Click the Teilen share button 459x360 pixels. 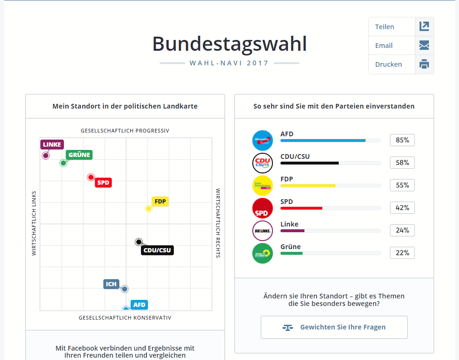pyautogui.click(x=401, y=27)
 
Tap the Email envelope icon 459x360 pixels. pyautogui.click(x=424, y=46)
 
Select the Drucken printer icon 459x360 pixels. pyautogui.click(x=424, y=64)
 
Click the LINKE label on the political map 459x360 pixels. pyautogui.click(x=52, y=144)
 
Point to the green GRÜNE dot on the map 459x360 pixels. pyautogui.click(x=63, y=163)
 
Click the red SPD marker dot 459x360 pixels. pyautogui.click(x=91, y=177)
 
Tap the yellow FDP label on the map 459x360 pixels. pyautogui.click(x=160, y=202)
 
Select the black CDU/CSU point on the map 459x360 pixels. pyautogui.click(x=139, y=242)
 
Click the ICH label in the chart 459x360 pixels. pyautogui.click(x=111, y=284)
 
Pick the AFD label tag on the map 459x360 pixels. pyautogui.click(x=140, y=305)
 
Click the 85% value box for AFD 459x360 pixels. pyautogui.click(x=402, y=140)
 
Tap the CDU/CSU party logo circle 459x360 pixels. pyautogui.click(x=263, y=163)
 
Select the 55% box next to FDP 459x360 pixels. pyautogui.click(x=402, y=185)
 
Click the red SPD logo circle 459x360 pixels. pyautogui.click(x=263, y=208)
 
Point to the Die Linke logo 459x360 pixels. pyautogui.click(x=263, y=231)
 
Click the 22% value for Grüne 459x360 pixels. pyautogui.click(x=402, y=253)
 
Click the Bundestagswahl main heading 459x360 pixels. pyautogui.click(x=229, y=44)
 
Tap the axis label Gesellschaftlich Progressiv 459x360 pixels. pyautogui.click(x=125, y=131)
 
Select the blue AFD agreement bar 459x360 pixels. pyautogui.click(x=323, y=141)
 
